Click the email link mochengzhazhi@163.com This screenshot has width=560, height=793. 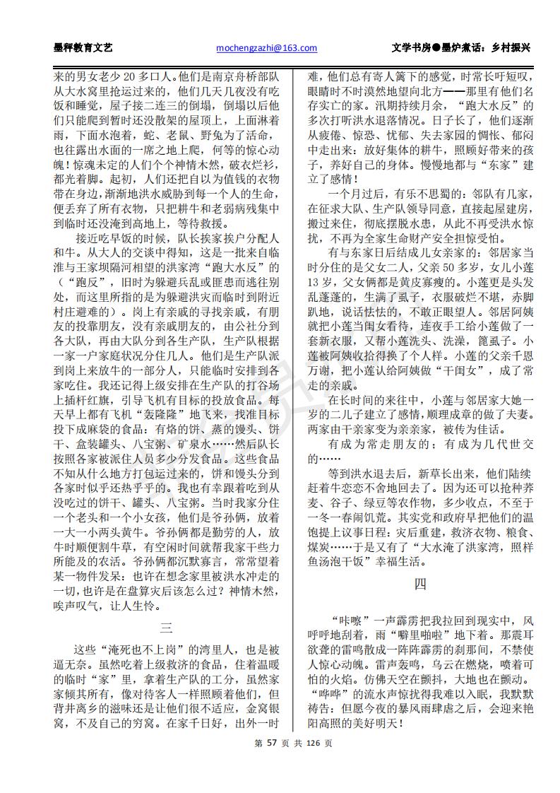pyautogui.click(x=266, y=48)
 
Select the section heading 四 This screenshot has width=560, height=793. pyautogui.click(x=419, y=584)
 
